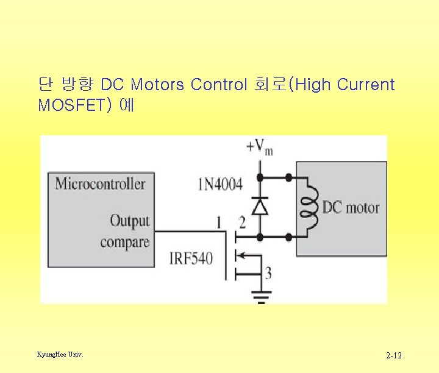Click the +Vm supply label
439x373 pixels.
[x=259, y=146]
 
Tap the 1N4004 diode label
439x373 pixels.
[x=220, y=183]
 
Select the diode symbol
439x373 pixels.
[x=261, y=207]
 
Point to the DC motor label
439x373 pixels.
[x=351, y=208]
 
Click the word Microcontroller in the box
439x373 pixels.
[x=101, y=183]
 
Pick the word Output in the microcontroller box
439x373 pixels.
[x=129, y=221]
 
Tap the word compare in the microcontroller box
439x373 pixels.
[x=125, y=242]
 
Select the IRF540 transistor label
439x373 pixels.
[x=191, y=258]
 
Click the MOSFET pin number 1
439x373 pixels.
[x=218, y=222]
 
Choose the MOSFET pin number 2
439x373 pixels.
[x=242, y=222]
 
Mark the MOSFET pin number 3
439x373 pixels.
[x=268, y=272]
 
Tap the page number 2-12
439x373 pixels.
[x=393, y=355]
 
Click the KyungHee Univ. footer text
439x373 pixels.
[x=60, y=354]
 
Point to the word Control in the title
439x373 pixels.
[x=219, y=84]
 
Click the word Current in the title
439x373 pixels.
[x=366, y=84]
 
